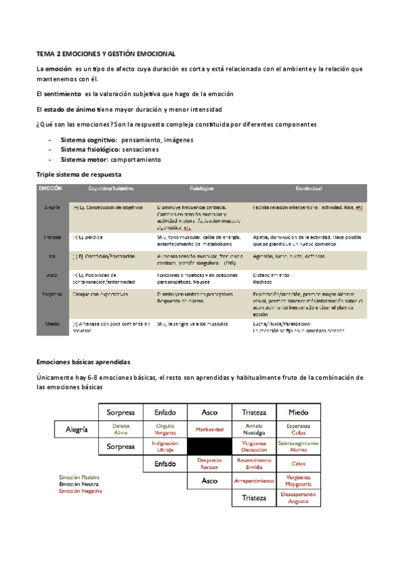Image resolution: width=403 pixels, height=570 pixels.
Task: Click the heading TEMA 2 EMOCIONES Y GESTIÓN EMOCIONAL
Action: click(x=106, y=52)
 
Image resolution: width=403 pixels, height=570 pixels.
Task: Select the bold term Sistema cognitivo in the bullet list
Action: click(x=89, y=139)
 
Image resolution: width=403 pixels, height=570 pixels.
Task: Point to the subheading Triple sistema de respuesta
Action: click(x=78, y=174)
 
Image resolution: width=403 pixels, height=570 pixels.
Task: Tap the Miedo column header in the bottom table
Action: click(x=299, y=411)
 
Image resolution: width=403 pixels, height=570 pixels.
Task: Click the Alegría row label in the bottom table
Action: click(x=77, y=429)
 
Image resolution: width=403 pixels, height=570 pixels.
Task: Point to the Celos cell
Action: click(x=299, y=464)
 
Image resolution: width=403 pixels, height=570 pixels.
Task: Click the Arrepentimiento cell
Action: click(x=254, y=481)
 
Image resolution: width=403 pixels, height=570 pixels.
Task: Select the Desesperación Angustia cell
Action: click(x=299, y=498)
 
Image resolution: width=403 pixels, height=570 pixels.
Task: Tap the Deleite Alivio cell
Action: click(x=121, y=429)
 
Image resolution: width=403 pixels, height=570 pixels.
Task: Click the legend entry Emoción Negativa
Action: click(x=81, y=491)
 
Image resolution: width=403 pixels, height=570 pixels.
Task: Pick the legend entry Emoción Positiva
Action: click(x=79, y=477)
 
